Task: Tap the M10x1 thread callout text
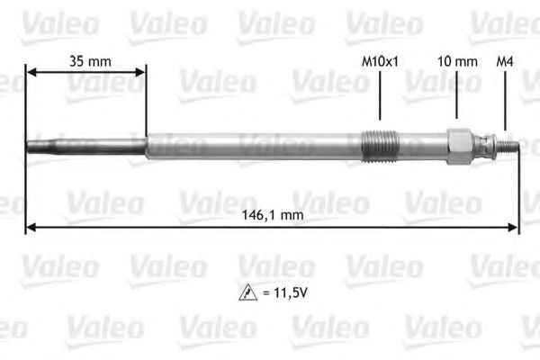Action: tap(380, 61)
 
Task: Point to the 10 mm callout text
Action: tap(457, 61)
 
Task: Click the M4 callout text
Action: tap(506, 61)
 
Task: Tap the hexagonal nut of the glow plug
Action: tap(459, 144)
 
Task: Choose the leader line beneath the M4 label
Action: tap(506, 99)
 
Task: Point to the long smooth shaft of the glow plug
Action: tap(252, 145)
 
